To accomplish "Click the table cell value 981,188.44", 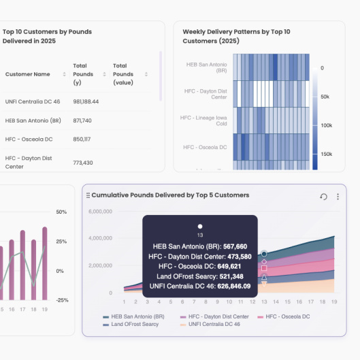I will point(86,101).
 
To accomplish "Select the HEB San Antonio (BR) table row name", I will point(29,120).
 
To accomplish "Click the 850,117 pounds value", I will point(82,139).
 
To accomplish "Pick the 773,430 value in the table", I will point(82,163).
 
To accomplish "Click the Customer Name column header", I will point(27,74).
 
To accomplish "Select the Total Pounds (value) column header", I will point(123,74).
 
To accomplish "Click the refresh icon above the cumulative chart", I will point(324,197).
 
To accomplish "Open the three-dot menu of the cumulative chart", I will point(338,197).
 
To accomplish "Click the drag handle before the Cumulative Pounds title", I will point(88,195).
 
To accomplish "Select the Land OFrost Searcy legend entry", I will point(132,325).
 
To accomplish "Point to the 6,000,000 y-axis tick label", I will point(101,211).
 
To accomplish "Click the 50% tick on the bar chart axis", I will point(61,212).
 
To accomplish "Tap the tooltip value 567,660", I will point(233,246).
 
